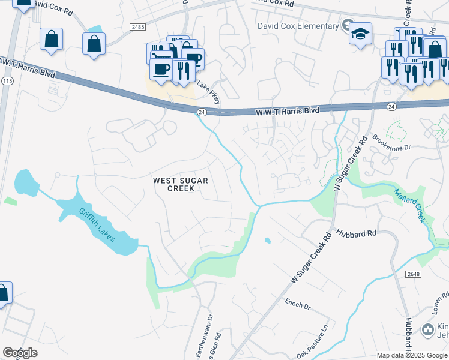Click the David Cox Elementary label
tap(298, 26)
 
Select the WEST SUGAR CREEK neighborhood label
tap(173, 184)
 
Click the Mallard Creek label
tap(409, 205)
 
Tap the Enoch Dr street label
tap(298, 305)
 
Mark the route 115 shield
tap(7, 80)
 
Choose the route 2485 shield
tap(138, 27)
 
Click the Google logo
tap(20, 353)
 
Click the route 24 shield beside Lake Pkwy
tap(202, 112)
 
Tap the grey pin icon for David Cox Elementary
tap(346, 25)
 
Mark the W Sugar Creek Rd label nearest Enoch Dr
tap(310, 259)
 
